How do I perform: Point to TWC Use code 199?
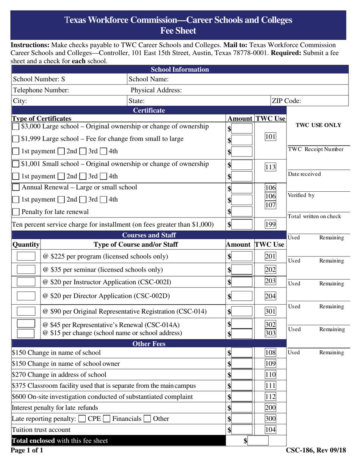tap(270, 224)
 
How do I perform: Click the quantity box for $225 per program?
tap(27, 256)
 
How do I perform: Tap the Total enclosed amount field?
tap(258, 441)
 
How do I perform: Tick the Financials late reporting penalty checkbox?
tap(108, 419)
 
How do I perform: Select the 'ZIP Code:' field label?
tap(286, 101)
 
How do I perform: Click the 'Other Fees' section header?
tap(148, 344)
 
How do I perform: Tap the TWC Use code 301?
tap(270, 312)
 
